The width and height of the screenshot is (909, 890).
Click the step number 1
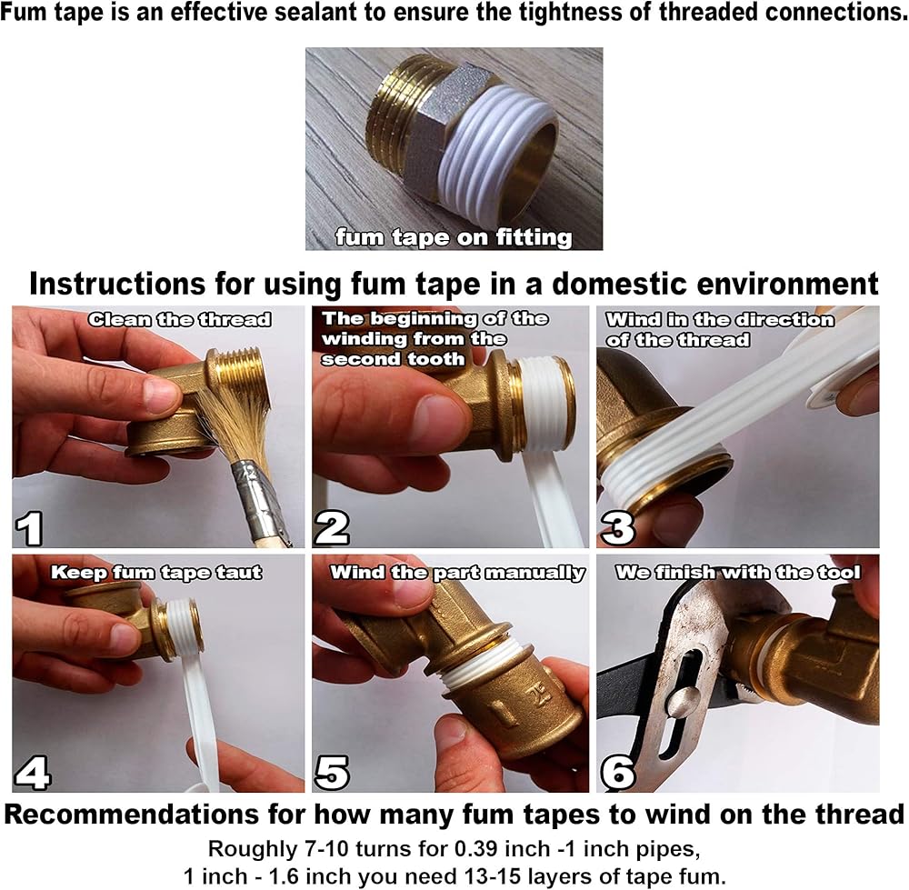click(x=29, y=528)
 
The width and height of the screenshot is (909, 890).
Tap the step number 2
click(x=332, y=528)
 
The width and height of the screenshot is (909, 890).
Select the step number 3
click(x=618, y=528)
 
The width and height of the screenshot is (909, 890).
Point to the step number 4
click(x=33, y=773)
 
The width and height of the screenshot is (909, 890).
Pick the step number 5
click(x=332, y=773)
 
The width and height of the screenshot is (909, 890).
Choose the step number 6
click(x=618, y=773)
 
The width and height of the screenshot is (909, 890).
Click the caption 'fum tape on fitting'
click(x=454, y=237)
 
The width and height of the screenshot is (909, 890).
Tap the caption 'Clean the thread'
click(x=180, y=319)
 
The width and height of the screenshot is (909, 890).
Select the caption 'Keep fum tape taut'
click(x=156, y=572)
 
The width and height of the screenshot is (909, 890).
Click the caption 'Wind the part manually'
click(x=457, y=573)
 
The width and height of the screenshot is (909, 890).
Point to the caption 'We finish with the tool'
click(x=738, y=572)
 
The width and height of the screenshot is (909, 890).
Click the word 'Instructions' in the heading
click(x=117, y=285)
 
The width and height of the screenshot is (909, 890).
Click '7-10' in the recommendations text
click(x=326, y=849)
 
